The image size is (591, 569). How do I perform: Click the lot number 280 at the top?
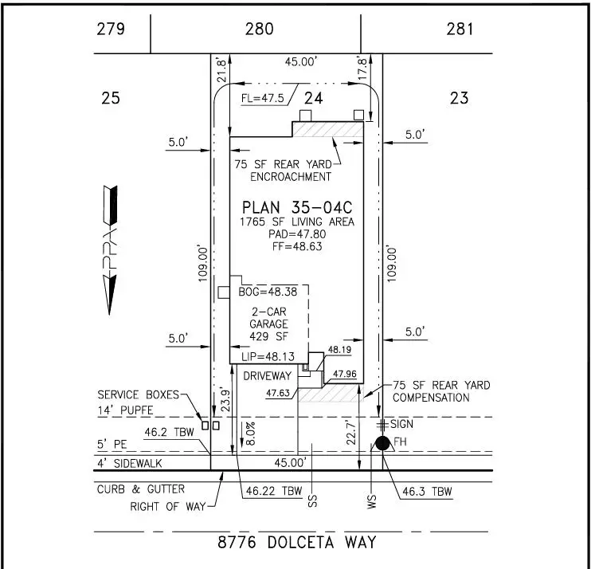coord(260,29)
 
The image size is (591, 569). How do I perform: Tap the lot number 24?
coord(314,98)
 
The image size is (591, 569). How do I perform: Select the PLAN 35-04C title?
coord(297,207)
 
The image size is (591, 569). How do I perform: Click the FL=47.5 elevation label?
coord(262,98)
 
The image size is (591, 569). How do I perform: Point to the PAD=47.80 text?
coord(297,234)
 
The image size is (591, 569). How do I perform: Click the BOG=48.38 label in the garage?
coord(268,292)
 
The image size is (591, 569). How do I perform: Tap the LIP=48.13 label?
coord(268,357)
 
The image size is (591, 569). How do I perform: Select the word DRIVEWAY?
coord(268,376)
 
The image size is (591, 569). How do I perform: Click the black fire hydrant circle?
coord(382,443)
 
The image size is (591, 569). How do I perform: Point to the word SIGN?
coord(401,424)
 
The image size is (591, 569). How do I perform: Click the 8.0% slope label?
coord(251,434)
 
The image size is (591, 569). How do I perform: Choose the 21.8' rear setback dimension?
coord(221,70)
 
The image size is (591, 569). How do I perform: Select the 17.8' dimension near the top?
coord(362,69)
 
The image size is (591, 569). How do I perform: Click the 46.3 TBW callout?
coord(427,492)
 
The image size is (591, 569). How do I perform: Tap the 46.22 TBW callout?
coord(274,491)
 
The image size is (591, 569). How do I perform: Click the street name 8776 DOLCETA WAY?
coord(297,543)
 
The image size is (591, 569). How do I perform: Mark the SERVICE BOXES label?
coord(139,394)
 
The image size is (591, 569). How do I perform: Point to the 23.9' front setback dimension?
coord(225,399)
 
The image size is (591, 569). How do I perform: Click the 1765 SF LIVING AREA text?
coord(297,222)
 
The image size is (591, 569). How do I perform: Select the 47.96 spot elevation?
coord(345,374)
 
